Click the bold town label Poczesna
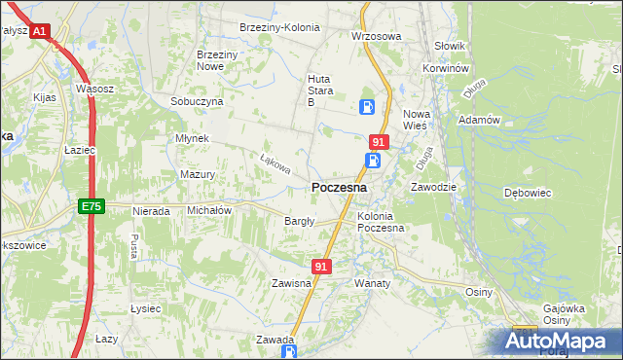coord(339,187)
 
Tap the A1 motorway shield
coord(39,31)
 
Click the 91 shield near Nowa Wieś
coord(379,142)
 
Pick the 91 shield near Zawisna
coord(323,265)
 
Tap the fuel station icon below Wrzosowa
coord(367,106)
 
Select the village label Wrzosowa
coord(376,36)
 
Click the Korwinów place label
coord(447,69)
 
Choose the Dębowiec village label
coord(529,193)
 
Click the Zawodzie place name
coord(434,186)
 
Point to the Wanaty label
coord(372,283)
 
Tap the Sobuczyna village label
coord(197,101)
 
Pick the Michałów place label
coord(208,210)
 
